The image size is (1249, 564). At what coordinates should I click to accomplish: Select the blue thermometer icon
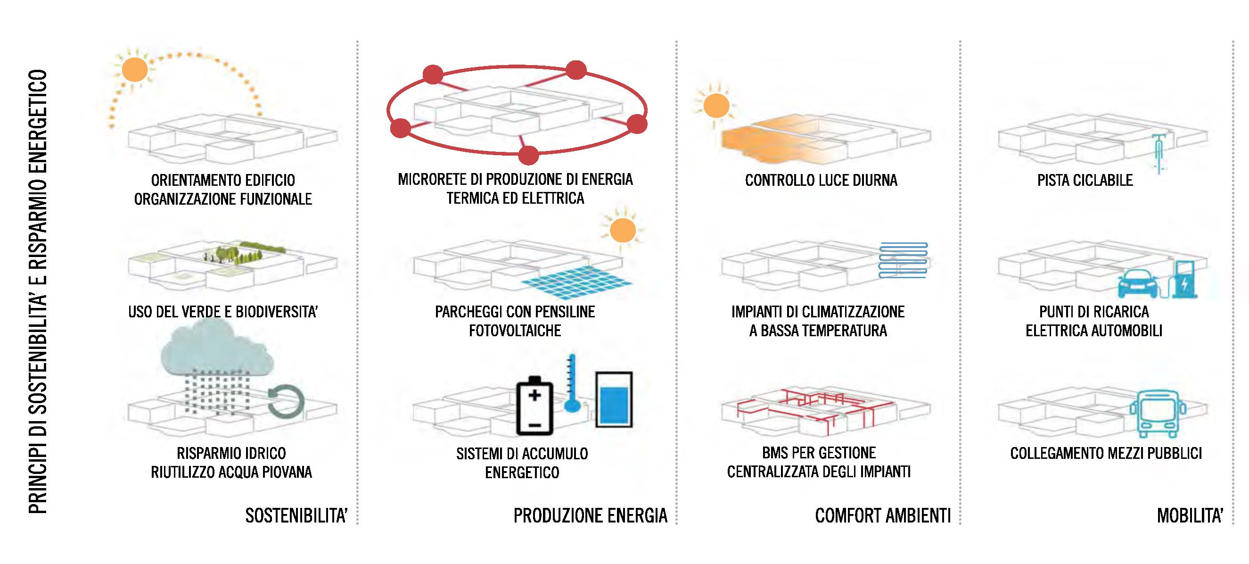[572, 383]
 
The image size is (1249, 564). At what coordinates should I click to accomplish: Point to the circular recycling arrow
[286, 401]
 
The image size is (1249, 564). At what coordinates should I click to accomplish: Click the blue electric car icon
[1137, 283]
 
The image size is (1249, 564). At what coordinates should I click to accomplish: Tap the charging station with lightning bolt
[1184, 279]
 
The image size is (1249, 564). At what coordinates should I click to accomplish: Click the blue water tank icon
[614, 399]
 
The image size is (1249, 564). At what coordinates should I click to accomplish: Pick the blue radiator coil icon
[903, 260]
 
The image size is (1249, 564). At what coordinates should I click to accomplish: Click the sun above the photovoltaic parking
[623, 230]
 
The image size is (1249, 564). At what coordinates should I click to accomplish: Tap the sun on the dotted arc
[135, 70]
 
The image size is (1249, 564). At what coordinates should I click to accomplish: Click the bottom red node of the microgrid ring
[528, 155]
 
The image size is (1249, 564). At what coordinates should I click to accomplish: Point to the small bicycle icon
[1159, 152]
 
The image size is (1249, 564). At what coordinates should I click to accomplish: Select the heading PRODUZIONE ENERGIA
[590, 515]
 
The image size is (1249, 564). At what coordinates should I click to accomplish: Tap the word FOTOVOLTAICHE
[515, 331]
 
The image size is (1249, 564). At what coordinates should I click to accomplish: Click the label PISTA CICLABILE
[1085, 181]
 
